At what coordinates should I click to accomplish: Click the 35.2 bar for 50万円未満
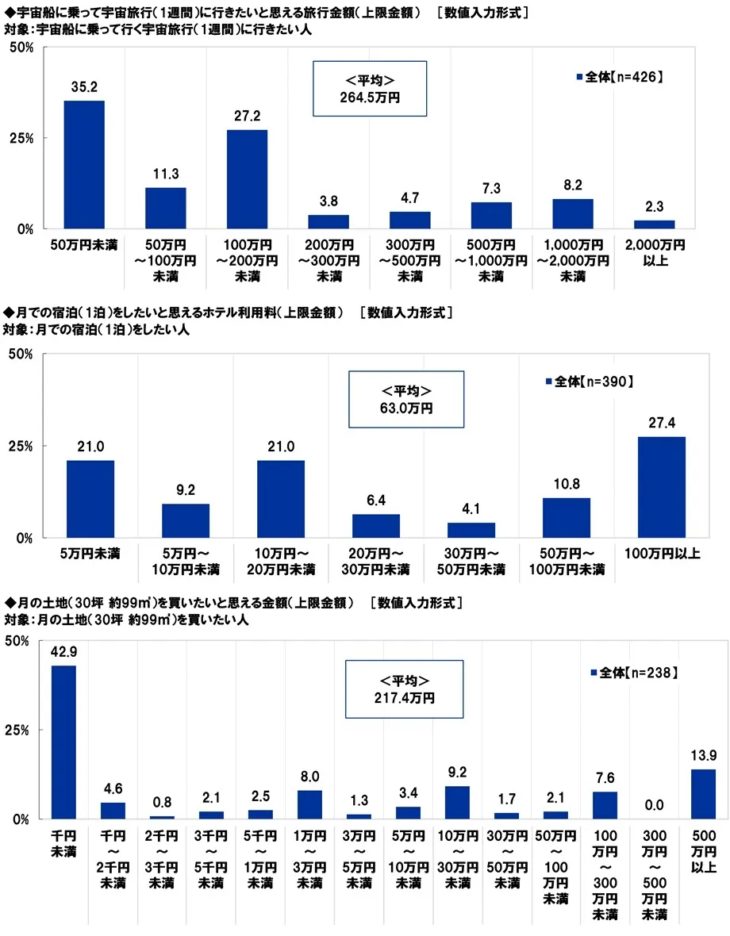coord(84,164)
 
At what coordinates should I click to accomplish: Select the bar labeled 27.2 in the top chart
coord(247,178)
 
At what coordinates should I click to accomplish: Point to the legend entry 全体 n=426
coord(619,77)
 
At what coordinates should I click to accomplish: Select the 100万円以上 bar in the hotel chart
coord(662,486)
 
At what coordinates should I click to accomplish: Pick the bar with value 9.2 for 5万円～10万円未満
coord(186,520)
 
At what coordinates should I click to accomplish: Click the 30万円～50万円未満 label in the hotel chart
coord(471,561)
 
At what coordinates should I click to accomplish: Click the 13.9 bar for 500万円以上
coord(703,793)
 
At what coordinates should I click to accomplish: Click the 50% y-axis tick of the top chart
coord(20,48)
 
